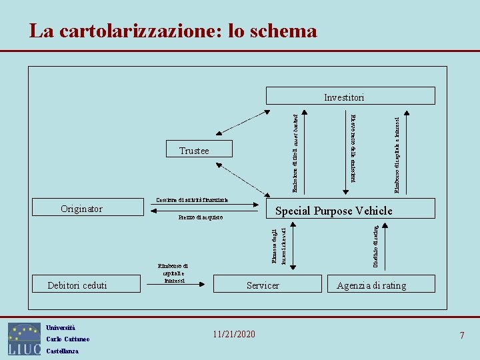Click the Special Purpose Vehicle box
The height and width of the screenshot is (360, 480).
pyautogui.click(x=333, y=211)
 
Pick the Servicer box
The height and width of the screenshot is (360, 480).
pyautogui.click(x=263, y=285)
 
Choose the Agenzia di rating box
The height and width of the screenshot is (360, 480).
pyautogui.click(x=371, y=285)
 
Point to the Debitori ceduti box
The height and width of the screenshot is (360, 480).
pyautogui.click(x=77, y=285)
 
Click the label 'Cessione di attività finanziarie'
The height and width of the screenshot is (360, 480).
pyautogui.click(x=192, y=200)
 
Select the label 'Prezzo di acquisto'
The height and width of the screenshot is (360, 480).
pyautogui.click(x=200, y=218)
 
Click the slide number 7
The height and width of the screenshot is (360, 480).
pyautogui.click(x=461, y=335)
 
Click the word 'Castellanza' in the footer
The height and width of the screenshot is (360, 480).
pyautogui.click(x=62, y=351)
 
